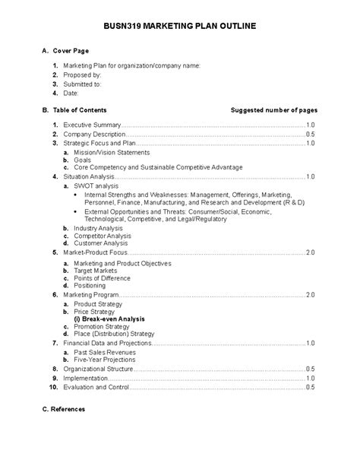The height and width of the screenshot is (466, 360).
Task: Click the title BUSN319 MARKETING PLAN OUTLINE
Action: click(x=180, y=26)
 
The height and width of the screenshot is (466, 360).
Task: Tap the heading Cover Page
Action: click(x=74, y=51)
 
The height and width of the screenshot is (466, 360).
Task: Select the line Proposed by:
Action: click(x=82, y=75)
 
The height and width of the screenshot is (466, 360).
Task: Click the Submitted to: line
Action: click(x=84, y=84)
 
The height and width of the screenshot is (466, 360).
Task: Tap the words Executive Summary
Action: click(x=92, y=124)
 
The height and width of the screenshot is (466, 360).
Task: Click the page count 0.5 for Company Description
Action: click(x=310, y=133)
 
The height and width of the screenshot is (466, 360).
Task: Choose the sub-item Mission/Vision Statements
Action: click(x=112, y=152)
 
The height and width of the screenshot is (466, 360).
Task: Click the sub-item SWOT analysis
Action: click(x=96, y=185)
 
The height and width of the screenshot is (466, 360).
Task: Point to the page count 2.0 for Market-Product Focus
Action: click(x=310, y=252)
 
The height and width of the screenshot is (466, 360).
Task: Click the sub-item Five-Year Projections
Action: click(x=106, y=360)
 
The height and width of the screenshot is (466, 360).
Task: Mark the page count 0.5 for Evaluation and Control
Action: click(x=310, y=386)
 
